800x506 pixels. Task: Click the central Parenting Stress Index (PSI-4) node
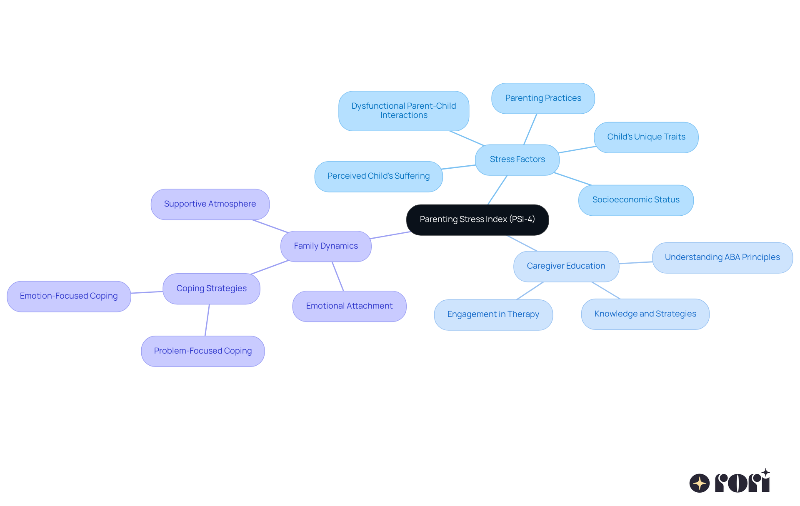click(x=477, y=219)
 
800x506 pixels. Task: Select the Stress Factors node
click(x=517, y=160)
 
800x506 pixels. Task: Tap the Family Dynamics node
click(x=326, y=246)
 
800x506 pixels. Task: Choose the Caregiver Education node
click(x=566, y=266)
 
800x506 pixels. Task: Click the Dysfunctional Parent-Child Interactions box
click(x=403, y=111)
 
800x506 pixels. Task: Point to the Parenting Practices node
click(x=543, y=98)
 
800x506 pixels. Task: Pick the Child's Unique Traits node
click(x=646, y=137)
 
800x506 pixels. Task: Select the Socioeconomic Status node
click(x=636, y=200)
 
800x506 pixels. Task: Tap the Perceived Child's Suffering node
click(x=378, y=176)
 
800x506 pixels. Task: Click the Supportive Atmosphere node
click(x=210, y=204)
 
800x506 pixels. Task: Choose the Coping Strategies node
click(x=211, y=289)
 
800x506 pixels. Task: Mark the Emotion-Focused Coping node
click(x=69, y=296)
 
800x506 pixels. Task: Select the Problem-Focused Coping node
click(x=203, y=351)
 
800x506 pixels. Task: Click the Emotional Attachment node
click(x=349, y=306)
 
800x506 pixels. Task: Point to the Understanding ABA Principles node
click(x=722, y=257)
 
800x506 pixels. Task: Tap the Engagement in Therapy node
click(x=493, y=314)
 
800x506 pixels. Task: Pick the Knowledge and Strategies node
click(x=645, y=314)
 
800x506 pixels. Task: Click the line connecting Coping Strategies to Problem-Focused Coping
click(x=207, y=320)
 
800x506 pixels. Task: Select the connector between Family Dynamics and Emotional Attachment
click(x=338, y=276)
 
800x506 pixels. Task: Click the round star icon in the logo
click(x=699, y=483)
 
